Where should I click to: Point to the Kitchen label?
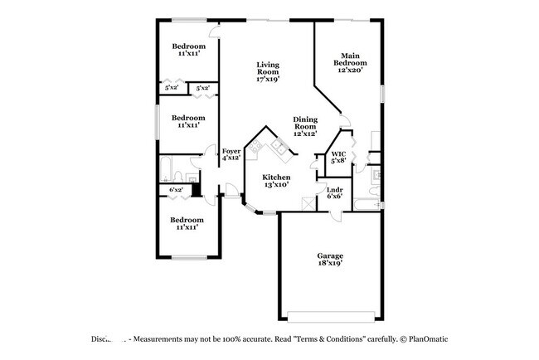[276, 177]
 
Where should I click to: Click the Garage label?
[330, 255]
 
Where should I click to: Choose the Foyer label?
[231, 150]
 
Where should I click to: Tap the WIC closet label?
[338, 153]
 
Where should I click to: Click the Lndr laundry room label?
[335, 189]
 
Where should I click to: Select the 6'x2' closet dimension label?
[176, 190]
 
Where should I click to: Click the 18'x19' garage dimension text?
[330, 264]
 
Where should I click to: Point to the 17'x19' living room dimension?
[267, 80]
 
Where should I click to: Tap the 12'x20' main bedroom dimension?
[349, 71]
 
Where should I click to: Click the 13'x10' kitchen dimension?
[276, 185]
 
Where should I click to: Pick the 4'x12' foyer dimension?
[231, 158]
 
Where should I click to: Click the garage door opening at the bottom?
[330, 314]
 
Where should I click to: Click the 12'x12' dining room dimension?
[306, 134]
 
